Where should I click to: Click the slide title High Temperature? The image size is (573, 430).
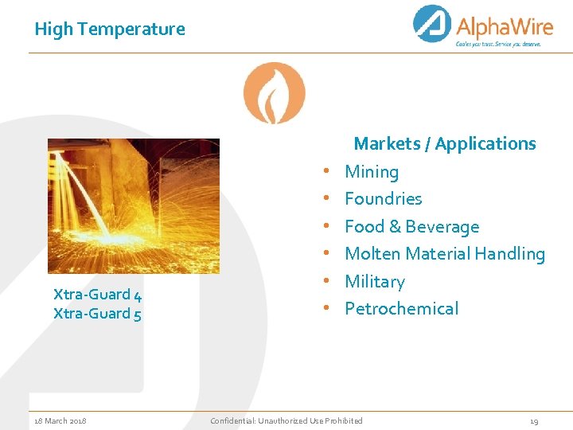(110, 29)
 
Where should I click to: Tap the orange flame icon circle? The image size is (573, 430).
(274, 93)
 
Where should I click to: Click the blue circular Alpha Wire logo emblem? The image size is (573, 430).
(432, 24)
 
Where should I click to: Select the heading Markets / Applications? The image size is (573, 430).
(445, 144)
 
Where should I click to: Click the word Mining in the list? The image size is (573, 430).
(372, 172)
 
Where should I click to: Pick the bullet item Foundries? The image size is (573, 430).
(383, 199)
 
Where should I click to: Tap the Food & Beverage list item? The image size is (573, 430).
(411, 226)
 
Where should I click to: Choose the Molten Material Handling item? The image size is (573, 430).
(444, 254)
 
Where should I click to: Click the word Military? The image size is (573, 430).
(374, 282)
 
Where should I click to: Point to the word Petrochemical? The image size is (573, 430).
(401, 309)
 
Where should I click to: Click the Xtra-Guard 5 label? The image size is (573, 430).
(97, 314)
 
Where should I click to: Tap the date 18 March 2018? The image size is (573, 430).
(60, 420)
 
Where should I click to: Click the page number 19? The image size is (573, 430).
(534, 420)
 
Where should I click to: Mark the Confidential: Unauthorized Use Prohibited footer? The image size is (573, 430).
(286, 420)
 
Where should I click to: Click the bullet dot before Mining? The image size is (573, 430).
(327, 172)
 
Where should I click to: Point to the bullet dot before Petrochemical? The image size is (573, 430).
(327, 309)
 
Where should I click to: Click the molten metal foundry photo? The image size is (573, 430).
(133, 206)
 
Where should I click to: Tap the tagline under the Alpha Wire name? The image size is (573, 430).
(498, 45)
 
